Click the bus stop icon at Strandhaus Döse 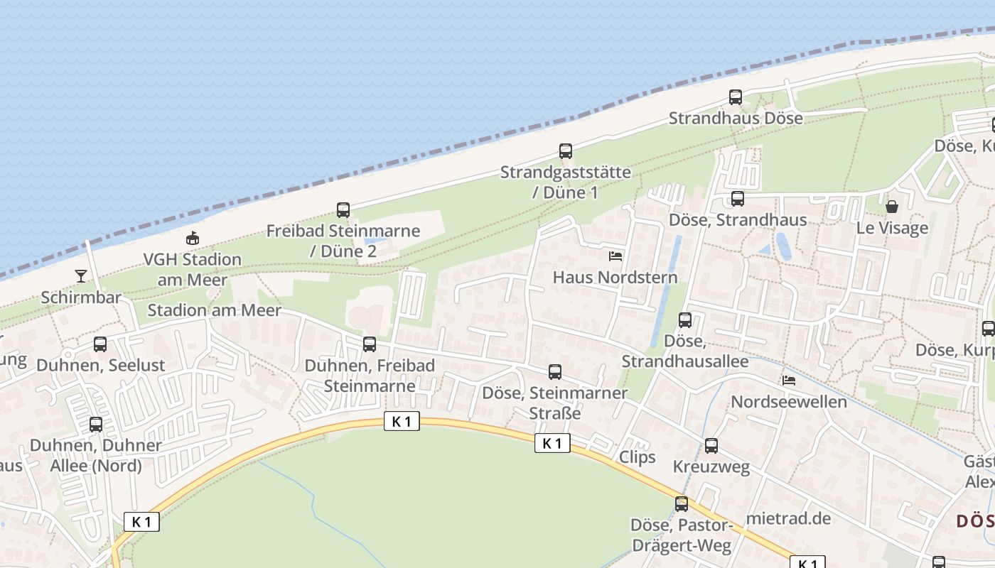736,97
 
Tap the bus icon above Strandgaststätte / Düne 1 566,151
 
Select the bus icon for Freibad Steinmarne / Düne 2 343,210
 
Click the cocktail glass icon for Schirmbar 81,275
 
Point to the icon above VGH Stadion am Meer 192,239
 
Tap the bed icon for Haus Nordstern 615,256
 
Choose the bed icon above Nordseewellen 789,381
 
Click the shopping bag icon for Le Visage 892,207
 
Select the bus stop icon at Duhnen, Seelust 100,344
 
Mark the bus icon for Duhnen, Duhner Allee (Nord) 96,425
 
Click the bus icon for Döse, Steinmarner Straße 555,371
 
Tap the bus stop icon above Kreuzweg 711,446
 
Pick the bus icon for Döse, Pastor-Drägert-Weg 682,504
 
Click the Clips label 638,457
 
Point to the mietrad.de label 788,518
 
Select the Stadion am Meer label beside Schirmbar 214,310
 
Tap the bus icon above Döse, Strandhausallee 685,320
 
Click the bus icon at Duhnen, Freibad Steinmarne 370,344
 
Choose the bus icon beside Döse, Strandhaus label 738,199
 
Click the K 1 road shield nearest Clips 552,443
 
